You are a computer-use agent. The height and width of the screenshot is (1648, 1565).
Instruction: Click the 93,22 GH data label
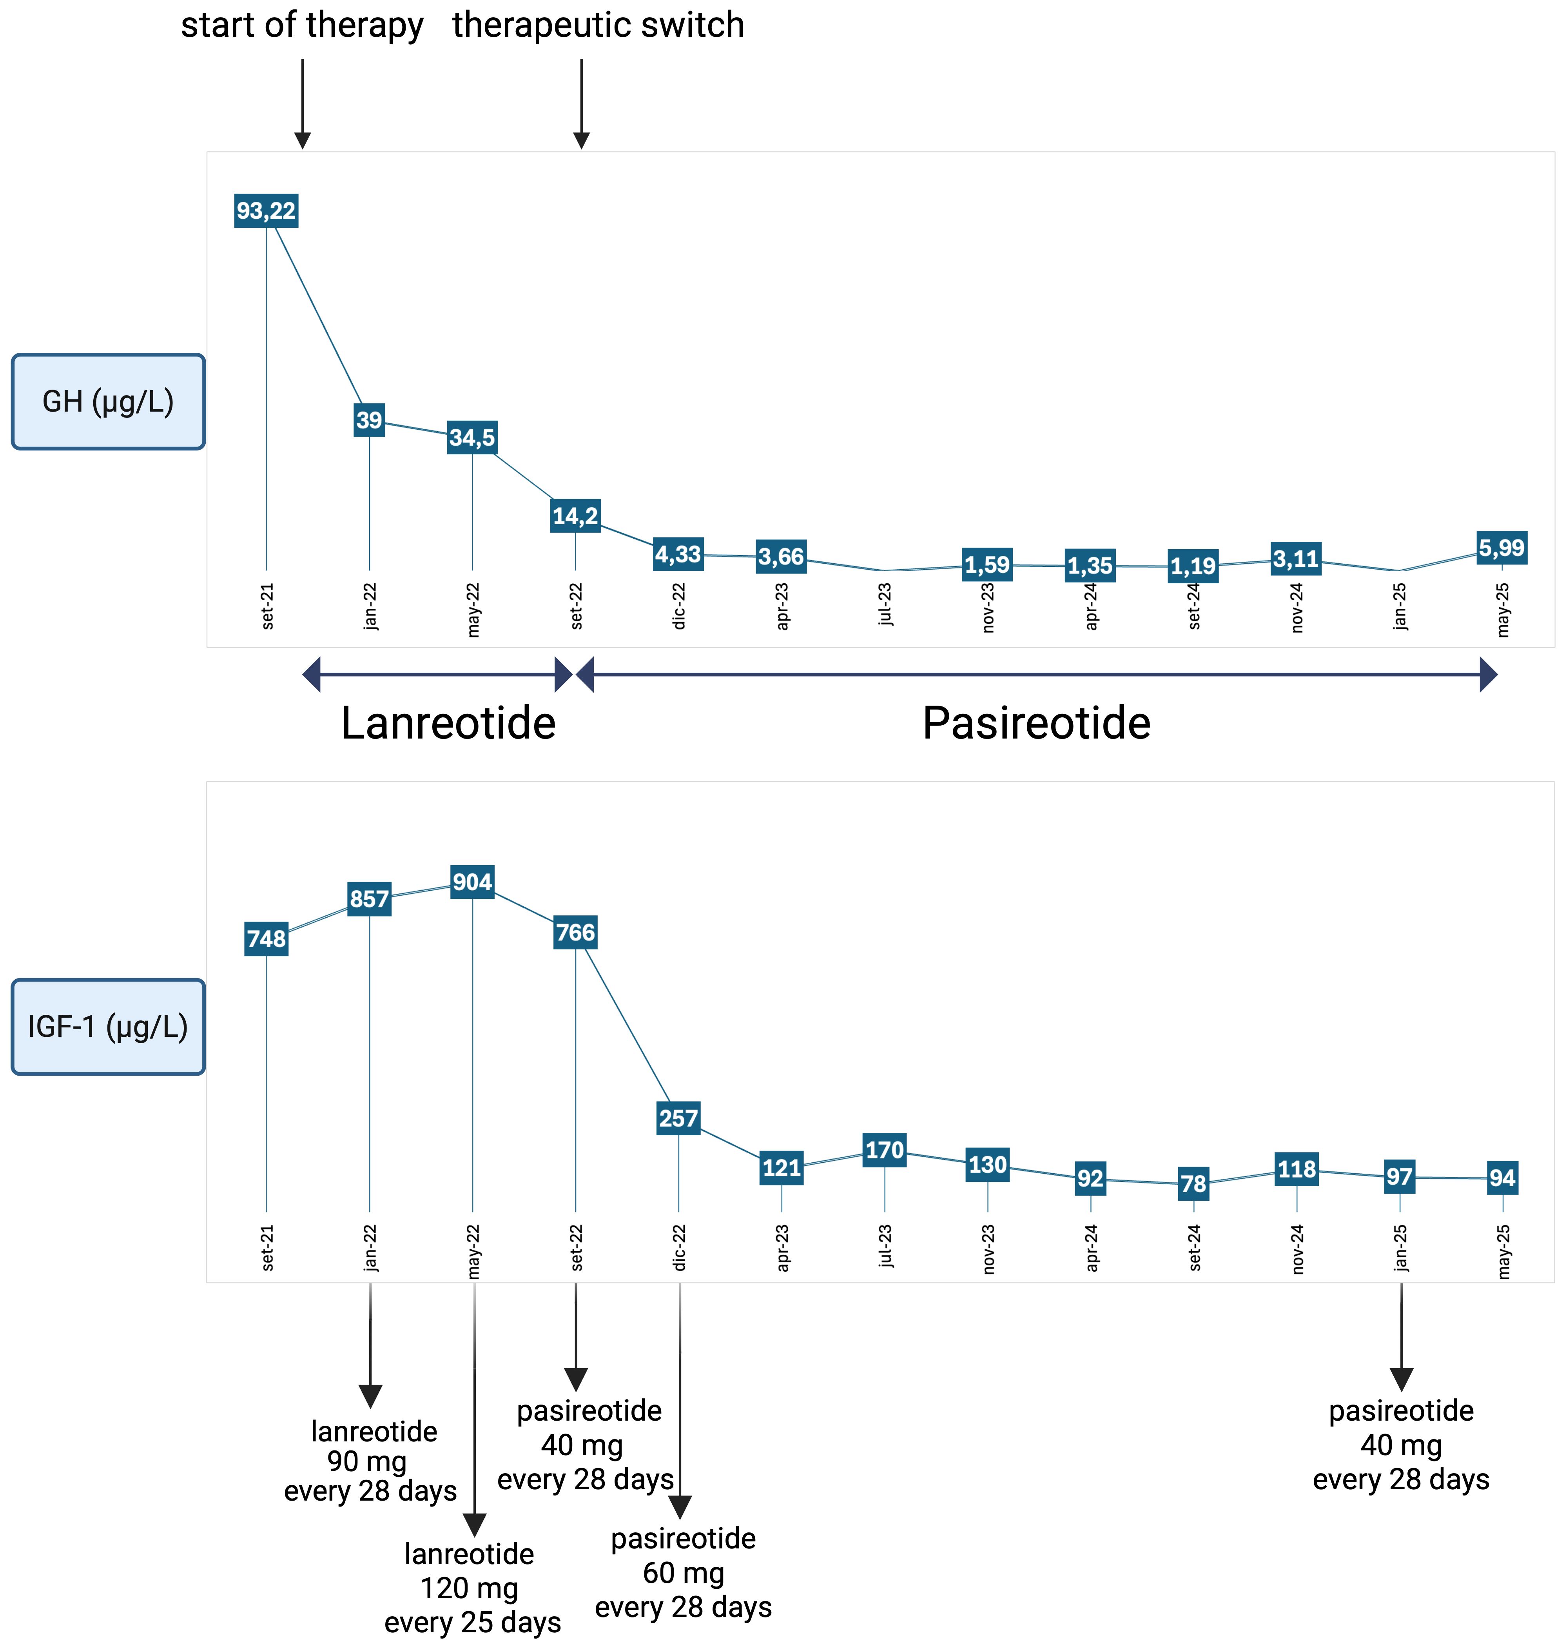(265, 210)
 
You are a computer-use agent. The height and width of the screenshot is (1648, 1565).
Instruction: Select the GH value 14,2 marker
(575, 515)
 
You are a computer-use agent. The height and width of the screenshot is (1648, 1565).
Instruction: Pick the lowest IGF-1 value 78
(1193, 1183)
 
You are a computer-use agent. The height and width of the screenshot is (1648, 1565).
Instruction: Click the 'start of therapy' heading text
(302, 25)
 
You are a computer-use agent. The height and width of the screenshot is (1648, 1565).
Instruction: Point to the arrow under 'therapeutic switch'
(582, 104)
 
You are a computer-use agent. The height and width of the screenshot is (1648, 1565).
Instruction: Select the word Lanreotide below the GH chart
(448, 722)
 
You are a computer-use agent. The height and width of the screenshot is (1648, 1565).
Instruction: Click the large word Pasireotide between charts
(1036, 722)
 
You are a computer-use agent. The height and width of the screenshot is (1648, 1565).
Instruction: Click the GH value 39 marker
(369, 420)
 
